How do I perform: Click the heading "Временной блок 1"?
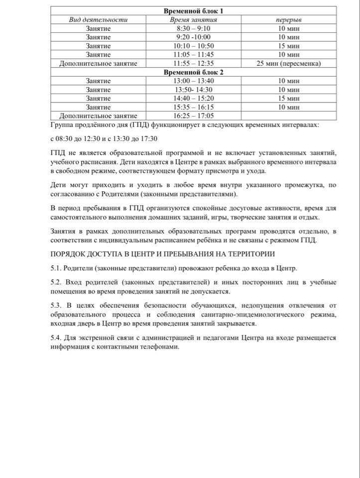point(194,11)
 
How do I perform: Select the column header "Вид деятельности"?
point(98,20)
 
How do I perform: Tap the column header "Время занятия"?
point(194,20)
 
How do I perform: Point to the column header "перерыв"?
point(288,20)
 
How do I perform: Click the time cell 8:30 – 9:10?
point(194,28)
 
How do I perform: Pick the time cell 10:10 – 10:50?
point(194,46)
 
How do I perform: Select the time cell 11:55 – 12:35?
point(194,63)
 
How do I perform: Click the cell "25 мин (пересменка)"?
point(288,63)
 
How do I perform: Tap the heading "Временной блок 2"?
point(194,72)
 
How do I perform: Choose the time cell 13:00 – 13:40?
point(194,81)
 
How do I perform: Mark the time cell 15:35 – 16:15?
point(194,107)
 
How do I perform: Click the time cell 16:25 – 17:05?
point(194,116)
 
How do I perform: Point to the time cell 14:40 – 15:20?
point(194,98)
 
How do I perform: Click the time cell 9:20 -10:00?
point(194,37)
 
